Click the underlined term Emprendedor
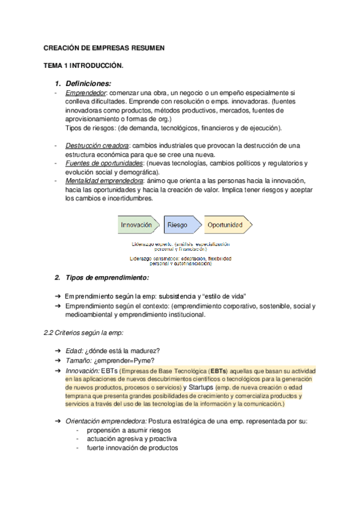(86, 93)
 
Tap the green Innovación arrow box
(139, 225)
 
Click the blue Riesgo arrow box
(179, 225)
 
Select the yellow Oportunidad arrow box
(226, 225)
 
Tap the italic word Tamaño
(79, 361)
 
